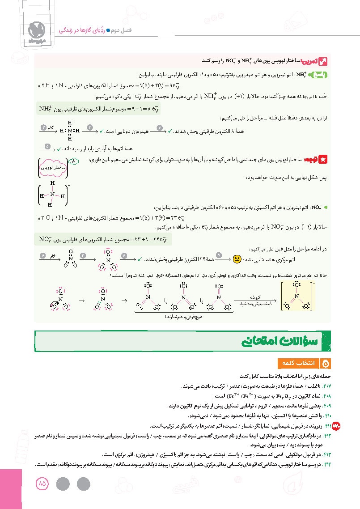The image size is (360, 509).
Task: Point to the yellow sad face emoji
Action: tap(237, 259)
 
